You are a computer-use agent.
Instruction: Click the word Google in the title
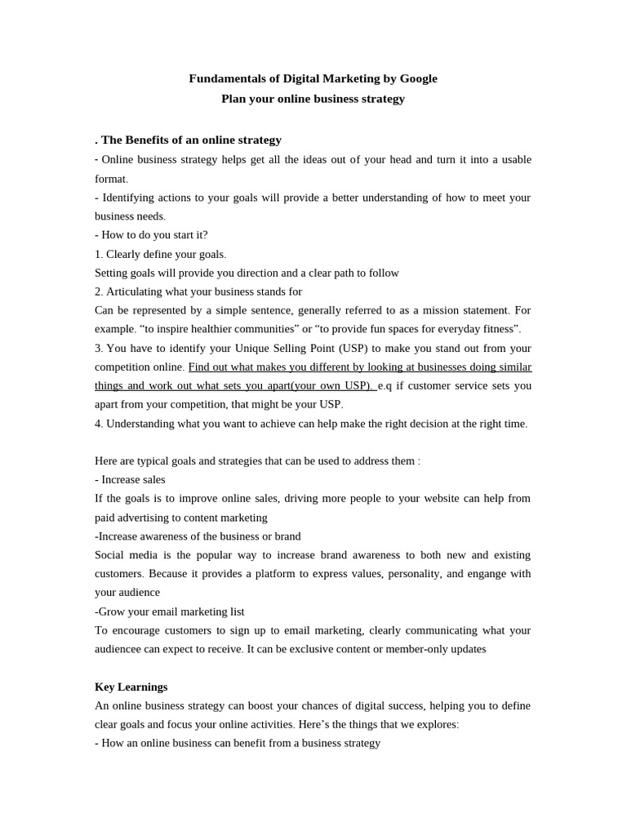pos(418,78)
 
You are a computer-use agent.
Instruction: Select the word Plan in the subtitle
pos(233,99)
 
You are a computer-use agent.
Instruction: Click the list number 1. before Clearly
pos(99,254)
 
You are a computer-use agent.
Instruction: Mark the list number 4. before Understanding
pos(99,424)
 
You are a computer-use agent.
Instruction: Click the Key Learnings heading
pos(131,687)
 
